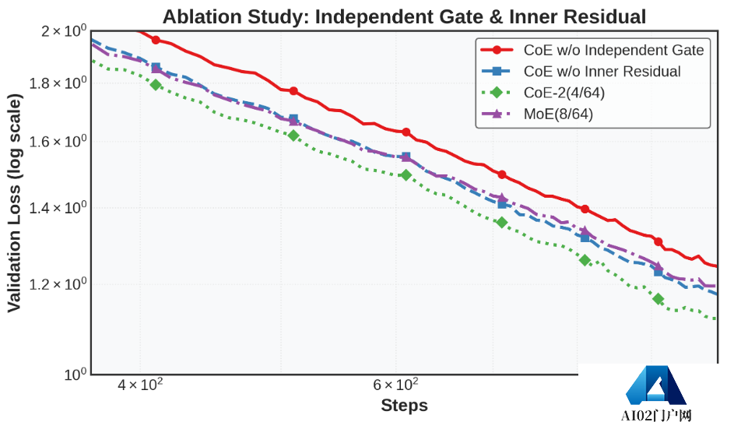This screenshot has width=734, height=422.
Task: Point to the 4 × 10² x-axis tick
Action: (139, 385)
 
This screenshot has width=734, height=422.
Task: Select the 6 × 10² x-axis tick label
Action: (396, 385)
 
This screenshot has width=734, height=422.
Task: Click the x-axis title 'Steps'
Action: (404, 406)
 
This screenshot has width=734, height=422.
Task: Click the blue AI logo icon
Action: (655, 386)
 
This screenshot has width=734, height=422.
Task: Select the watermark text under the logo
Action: (656, 415)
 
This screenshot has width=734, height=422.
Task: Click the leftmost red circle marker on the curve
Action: (156, 40)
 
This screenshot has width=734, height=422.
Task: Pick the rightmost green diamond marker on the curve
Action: (658, 299)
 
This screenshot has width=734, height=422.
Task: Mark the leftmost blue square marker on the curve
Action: (156, 68)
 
